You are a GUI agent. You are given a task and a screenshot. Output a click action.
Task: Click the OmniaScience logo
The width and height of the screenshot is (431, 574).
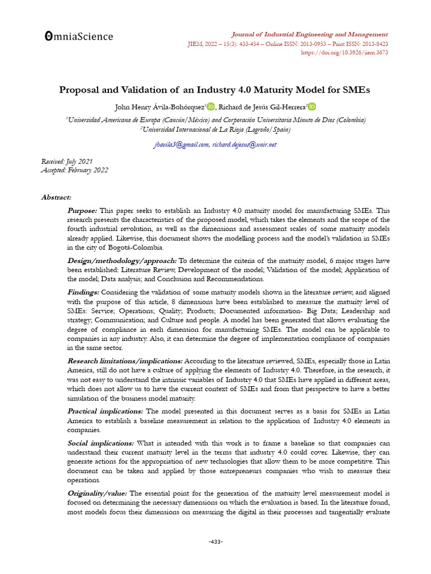pos(79,36)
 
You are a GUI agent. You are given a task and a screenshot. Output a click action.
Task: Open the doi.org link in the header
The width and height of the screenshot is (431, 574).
pos(345,53)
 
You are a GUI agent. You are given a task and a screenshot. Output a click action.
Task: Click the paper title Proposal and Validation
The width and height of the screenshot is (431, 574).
pos(215,89)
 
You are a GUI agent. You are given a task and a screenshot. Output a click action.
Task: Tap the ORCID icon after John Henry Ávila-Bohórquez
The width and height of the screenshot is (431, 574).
pos(211,107)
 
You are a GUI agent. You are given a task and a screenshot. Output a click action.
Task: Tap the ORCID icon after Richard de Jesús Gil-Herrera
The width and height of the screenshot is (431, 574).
pos(312,107)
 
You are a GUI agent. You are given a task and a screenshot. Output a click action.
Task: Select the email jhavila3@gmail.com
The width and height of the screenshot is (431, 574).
pos(181,145)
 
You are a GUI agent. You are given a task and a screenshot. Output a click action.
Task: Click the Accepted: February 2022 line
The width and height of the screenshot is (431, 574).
pos(75,170)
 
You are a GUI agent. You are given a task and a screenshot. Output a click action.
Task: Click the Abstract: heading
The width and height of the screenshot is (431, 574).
pos(56,197)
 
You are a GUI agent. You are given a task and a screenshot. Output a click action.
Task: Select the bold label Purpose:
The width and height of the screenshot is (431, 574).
pos(82,211)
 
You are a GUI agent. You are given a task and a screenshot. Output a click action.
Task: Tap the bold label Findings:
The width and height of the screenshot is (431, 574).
pos(83,293)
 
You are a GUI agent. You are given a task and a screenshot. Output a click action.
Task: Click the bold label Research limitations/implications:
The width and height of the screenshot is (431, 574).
pos(125,361)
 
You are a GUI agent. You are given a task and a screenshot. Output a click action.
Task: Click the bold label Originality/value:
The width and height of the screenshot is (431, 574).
pos(97,493)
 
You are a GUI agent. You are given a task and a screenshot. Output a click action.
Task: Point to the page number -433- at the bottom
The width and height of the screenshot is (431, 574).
pos(215,541)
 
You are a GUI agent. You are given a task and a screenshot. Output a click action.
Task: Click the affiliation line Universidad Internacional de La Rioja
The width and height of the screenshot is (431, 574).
pos(215,129)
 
